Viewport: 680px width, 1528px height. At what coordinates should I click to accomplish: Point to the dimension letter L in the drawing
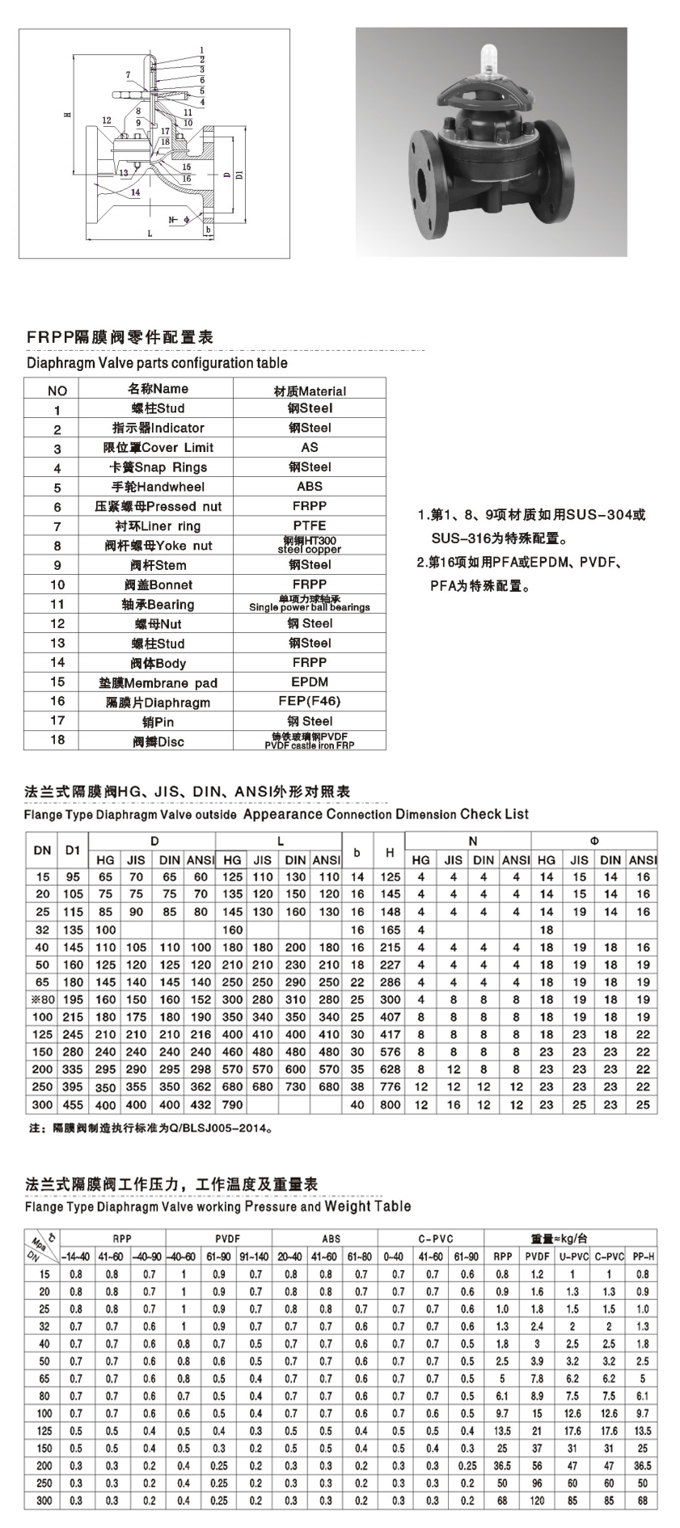(150, 233)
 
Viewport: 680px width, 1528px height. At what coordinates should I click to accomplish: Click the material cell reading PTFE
(310, 526)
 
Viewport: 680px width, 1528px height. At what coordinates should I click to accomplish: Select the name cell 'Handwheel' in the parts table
(157, 487)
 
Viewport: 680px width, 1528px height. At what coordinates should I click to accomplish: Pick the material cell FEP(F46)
(310, 701)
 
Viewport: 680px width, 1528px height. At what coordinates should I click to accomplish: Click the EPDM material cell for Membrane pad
(310, 682)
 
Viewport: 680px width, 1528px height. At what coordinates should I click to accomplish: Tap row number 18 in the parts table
(58, 741)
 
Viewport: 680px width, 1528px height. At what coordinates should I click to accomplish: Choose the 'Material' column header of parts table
(310, 390)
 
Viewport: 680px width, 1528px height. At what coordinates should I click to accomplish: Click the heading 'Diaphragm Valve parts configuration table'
(157, 363)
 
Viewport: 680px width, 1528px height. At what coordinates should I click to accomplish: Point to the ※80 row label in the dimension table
(42, 999)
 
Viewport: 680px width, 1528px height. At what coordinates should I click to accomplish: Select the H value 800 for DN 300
(390, 1104)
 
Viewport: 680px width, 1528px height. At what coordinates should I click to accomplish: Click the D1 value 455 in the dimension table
(73, 1104)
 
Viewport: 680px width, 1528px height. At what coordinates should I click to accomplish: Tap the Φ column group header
(595, 841)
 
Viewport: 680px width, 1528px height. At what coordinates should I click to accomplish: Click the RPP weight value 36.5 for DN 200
(502, 1466)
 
